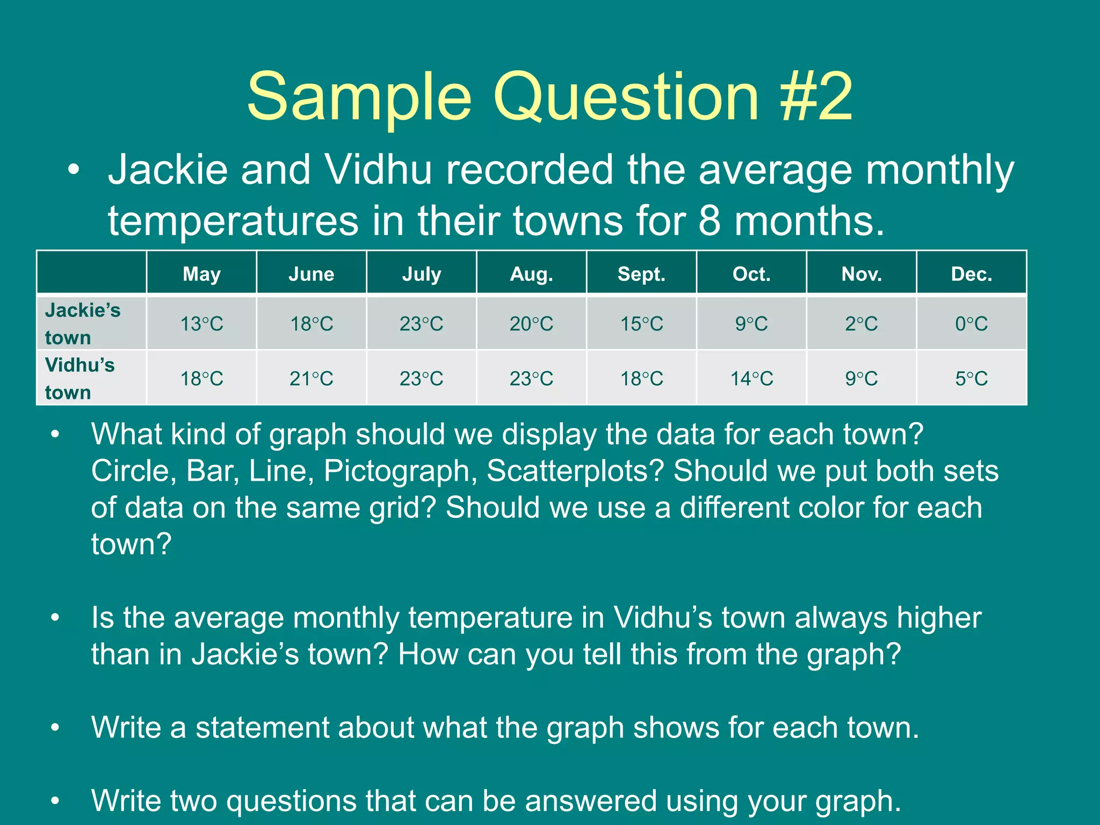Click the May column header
[201, 274]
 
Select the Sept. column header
[641, 274]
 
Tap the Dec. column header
[971, 274]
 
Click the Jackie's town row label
[83, 323]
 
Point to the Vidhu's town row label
[80, 378]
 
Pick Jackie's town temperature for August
[531, 324]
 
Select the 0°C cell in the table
[971, 324]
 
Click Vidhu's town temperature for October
[751, 379]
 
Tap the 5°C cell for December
[971, 379]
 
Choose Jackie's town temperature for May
[201, 324]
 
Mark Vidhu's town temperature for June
[312, 379]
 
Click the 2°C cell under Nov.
[862, 324]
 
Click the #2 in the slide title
[816, 97]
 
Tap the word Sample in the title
[359, 97]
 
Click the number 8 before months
[710, 221]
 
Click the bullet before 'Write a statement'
[55, 728]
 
